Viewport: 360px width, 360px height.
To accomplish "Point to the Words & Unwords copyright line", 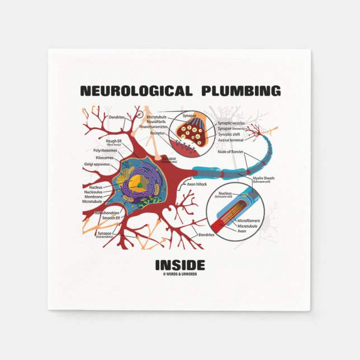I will click(180, 274).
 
